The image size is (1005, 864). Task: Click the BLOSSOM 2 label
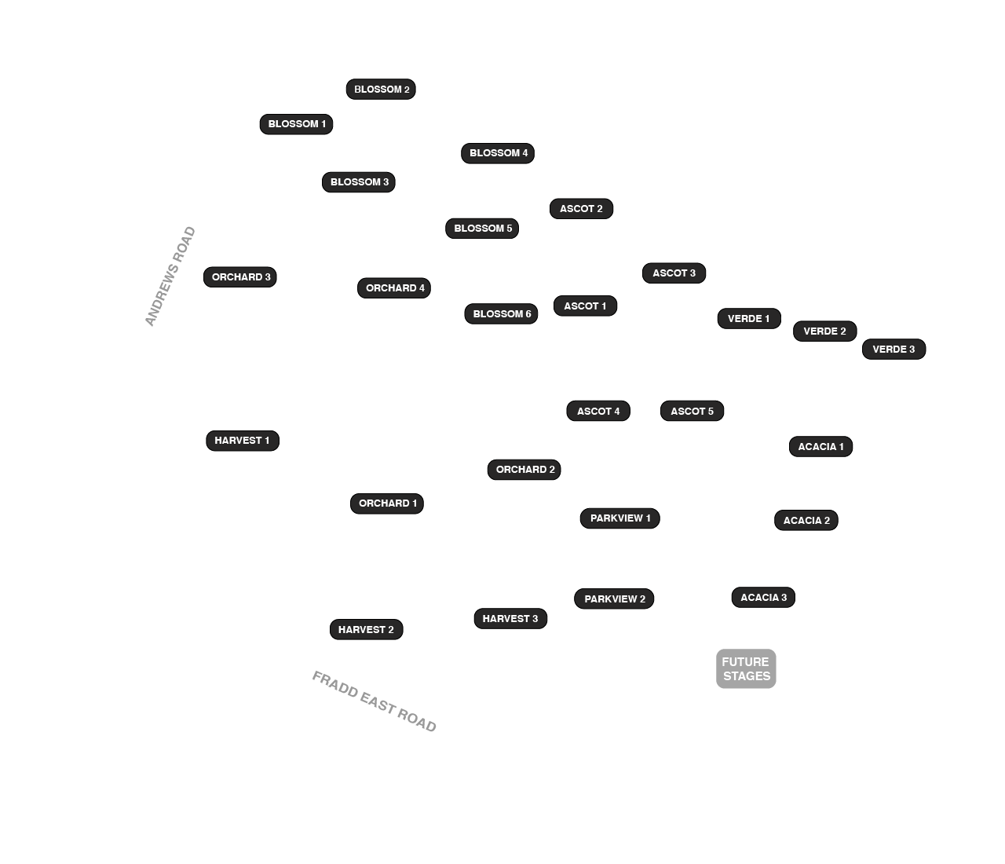381,89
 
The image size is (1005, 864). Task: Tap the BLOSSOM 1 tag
296,124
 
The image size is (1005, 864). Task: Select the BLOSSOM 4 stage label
497,153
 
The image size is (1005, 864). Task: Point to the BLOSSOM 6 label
501,313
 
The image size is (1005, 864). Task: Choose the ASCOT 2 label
581,209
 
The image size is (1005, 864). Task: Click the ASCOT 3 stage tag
674,273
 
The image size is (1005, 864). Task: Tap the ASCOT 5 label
692,411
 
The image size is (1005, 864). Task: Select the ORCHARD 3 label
239,276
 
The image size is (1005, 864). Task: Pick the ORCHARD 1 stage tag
386,503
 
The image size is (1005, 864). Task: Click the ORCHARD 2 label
524,470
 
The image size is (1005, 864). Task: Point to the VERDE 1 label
749,319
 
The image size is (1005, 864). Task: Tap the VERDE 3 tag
894,350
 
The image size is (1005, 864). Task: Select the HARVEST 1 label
242,441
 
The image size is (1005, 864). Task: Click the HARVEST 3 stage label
510,619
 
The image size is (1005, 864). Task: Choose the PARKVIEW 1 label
619,518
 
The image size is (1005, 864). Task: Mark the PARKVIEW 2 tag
613,599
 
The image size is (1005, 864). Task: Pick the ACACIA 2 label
806,520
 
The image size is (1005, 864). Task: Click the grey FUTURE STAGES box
746,668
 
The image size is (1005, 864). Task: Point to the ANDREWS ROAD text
170,276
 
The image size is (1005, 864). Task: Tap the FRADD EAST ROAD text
374,701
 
